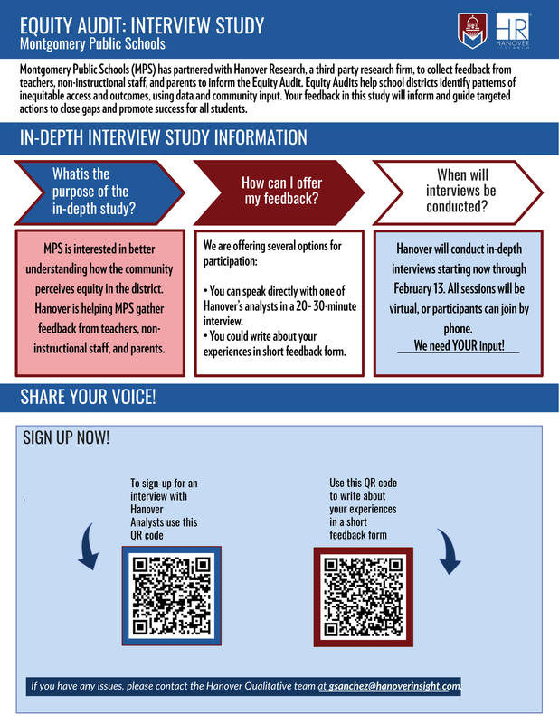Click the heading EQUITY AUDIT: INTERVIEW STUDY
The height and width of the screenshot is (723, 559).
[142, 23]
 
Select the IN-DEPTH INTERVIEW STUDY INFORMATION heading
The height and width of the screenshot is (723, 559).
[163, 138]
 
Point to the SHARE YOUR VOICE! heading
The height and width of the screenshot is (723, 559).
[88, 397]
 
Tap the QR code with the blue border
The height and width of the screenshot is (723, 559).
[172, 595]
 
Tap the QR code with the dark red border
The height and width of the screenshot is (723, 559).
[363, 596]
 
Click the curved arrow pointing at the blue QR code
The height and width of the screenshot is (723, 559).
[88, 545]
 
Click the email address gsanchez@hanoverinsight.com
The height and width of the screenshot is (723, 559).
[394, 687]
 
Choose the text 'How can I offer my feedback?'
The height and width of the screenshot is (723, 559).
[280, 191]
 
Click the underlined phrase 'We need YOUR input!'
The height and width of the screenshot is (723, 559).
[459, 345]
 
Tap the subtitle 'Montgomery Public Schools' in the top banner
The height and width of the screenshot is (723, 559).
[93, 43]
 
